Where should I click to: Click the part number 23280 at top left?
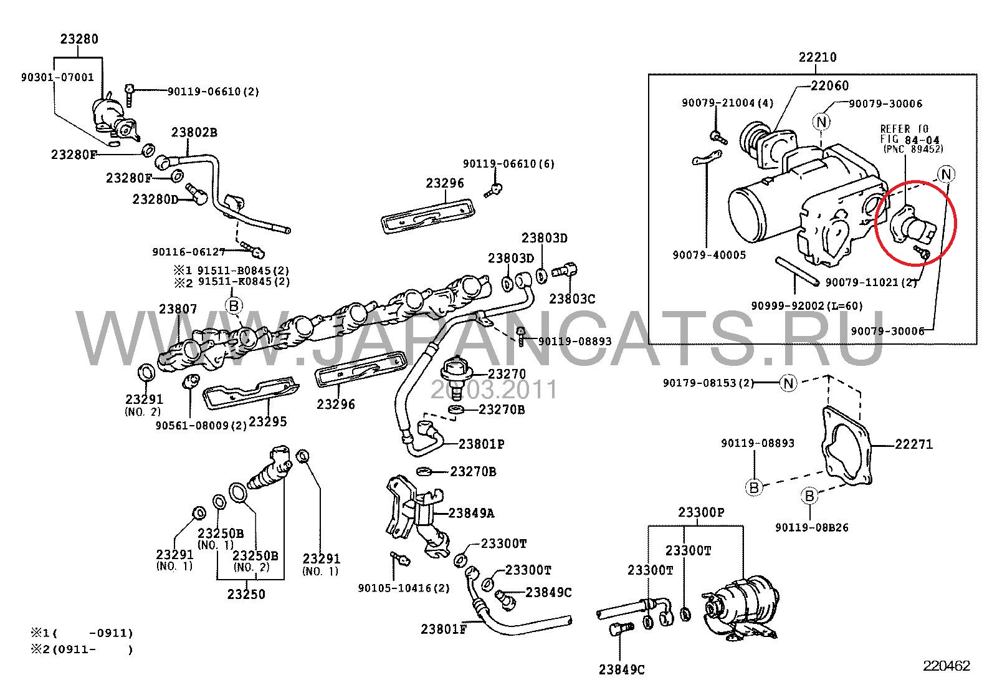(x=79, y=39)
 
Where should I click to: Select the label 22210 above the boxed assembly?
(x=818, y=57)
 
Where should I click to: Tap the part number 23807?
(x=178, y=309)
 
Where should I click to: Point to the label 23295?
(x=268, y=422)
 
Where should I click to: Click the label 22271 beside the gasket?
(x=914, y=444)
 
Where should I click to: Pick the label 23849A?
(x=471, y=513)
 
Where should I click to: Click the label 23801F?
(x=444, y=629)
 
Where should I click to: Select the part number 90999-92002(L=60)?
(x=807, y=306)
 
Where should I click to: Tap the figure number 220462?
(x=947, y=666)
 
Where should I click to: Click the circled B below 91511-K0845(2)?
(x=234, y=305)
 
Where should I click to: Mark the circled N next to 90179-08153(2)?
(x=788, y=383)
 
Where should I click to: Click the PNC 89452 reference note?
(x=913, y=149)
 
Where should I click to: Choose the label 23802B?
(x=194, y=132)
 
